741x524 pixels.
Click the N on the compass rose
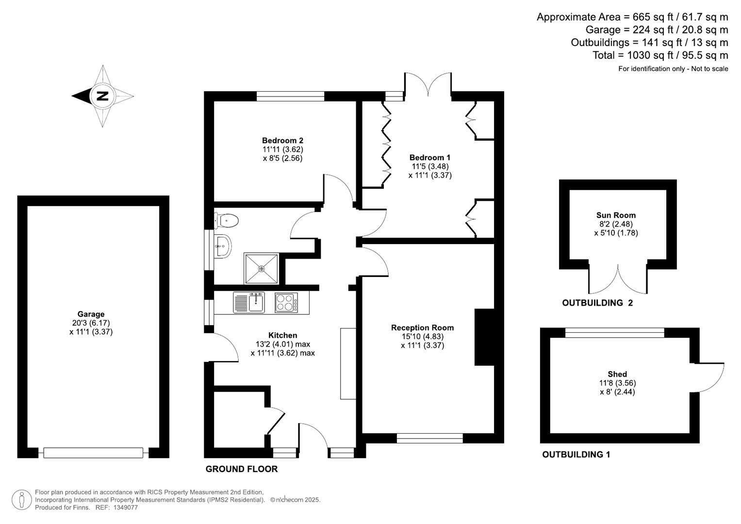[102, 96]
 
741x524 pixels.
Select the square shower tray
[262, 268]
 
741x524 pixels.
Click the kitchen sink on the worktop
[249, 302]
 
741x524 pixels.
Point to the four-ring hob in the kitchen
[286, 302]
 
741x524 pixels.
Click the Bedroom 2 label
[282, 141]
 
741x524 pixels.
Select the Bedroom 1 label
[429, 157]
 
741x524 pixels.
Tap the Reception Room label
[422, 327]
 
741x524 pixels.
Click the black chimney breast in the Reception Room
[484, 337]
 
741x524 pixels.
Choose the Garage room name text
[91, 314]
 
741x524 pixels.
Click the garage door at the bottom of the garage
[93, 453]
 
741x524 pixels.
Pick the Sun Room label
[616, 215]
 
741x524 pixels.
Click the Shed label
[617, 374]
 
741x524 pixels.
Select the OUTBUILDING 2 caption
[597, 303]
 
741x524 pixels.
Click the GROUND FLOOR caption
[242, 469]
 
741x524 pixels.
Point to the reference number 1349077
[125, 508]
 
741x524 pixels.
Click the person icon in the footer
[22, 500]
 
